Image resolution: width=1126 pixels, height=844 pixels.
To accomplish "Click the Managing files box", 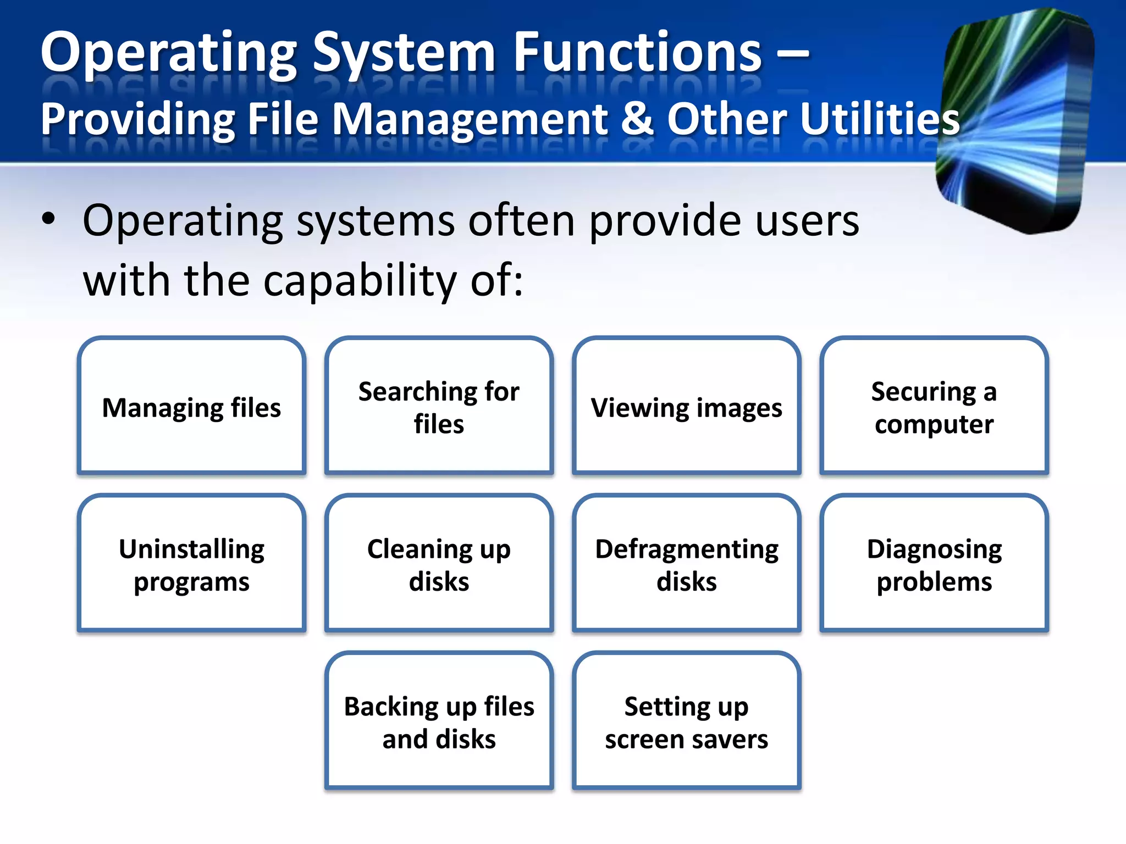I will click(191, 407).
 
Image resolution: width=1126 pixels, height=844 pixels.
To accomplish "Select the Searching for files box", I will click(439, 407).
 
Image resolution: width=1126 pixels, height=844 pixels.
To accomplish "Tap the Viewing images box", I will click(686, 407).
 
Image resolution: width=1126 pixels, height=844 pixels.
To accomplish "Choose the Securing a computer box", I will click(934, 407).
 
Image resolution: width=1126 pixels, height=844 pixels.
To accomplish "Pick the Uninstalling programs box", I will click(191, 564).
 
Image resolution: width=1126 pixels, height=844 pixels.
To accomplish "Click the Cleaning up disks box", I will click(439, 564).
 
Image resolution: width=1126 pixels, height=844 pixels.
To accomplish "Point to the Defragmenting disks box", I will click(686, 564).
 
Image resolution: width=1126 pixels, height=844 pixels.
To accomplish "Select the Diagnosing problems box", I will click(934, 564).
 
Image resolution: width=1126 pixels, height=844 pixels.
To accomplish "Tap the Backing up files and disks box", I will click(439, 722).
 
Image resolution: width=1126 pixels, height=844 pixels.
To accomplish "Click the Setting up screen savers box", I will click(686, 722).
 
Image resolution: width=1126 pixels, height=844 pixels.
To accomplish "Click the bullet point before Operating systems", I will click(48, 219).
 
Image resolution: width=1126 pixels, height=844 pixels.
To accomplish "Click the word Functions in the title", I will click(637, 53).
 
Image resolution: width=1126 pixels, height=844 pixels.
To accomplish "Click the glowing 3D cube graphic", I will click(1017, 121).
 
